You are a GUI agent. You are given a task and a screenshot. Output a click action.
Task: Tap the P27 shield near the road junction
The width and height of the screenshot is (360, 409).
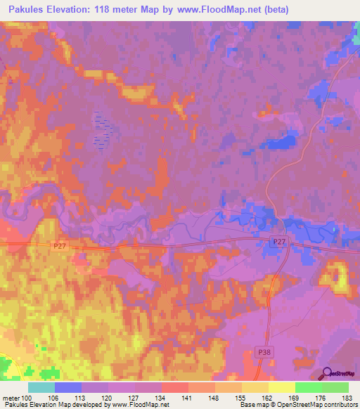pyautogui.click(x=280, y=242)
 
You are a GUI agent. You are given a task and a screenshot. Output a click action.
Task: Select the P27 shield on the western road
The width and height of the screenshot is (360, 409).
pyautogui.click(x=60, y=246)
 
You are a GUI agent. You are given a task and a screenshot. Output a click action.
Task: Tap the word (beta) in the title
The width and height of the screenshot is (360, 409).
pyautogui.click(x=271, y=9)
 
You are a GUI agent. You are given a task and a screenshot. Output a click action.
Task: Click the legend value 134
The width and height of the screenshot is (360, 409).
pyautogui.click(x=161, y=397)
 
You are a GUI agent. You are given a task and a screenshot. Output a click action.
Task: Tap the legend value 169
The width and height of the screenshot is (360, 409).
pyautogui.click(x=295, y=397)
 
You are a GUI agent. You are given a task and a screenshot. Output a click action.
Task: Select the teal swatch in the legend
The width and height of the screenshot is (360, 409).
pyautogui.click(x=41, y=387)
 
